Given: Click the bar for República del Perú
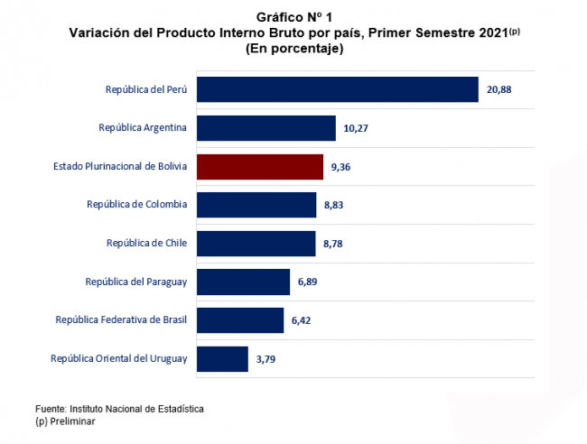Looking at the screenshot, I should point(337,89).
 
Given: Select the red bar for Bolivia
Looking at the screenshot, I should point(259,167).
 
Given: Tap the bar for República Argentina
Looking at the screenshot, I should point(266,128).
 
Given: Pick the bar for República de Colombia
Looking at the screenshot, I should point(256,205).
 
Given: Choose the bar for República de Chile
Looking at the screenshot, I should point(256,244).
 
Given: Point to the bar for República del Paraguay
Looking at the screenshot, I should point(243,282).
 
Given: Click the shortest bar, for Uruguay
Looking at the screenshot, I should point(222,359).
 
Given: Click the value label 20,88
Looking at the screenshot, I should point(499,90).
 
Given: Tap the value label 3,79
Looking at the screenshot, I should point(266,359).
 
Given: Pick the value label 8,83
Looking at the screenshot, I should point(332,206).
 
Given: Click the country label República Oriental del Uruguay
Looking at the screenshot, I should point(119,359).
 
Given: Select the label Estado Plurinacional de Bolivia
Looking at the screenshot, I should point(120,167).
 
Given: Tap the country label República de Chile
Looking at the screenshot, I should point(146,244).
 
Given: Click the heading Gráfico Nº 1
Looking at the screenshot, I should point(294,17).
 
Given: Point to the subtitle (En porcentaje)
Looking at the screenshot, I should point(294,49).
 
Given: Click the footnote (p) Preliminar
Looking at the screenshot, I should point(65,421).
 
